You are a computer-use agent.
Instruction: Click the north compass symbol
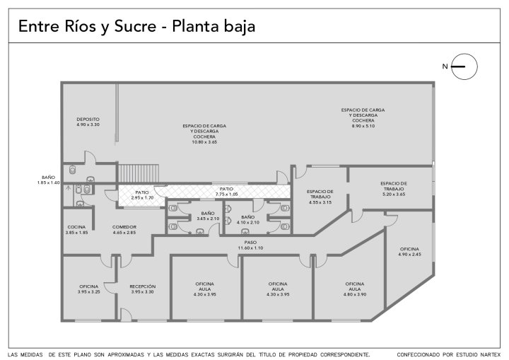pyautogui.click(x=464, y=66)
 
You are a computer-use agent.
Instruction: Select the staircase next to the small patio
pyautogui.click(x=139, y=173)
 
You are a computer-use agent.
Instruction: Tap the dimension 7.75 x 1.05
pyautogui.click(x=227, y=194)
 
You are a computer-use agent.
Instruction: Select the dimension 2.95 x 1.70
pyautogui.click(x=142, y=198)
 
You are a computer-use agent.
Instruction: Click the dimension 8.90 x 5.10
pyautogui.click(x=363, y=126)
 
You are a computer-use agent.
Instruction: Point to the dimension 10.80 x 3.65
pyautogui.click(x=204, y=142)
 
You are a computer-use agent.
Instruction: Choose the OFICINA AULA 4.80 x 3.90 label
pyautogui.click(x=355, y=289)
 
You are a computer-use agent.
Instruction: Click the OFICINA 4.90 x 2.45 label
pyautogui.click(x=409, y=252)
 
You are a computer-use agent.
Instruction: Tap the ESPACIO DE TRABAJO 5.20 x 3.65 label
pyautogui.click(x=394, y=189)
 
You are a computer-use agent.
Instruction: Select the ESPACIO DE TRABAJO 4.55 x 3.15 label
pyautogui.click(x=320, y=197)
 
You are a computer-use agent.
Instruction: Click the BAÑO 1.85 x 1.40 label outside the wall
pyautogui.click(x=48, y=180)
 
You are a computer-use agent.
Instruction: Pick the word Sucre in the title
pyautogui.click(x=135, y=26)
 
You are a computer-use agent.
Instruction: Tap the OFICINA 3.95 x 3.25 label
pyautogui.click(x=89, y=289)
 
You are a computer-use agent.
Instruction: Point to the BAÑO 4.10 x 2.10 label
pyautogui.click(x=248, y=220)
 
